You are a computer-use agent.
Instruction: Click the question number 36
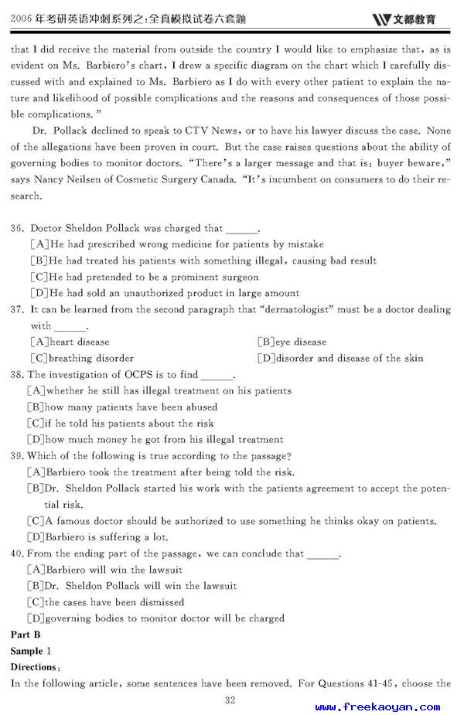(18, 228)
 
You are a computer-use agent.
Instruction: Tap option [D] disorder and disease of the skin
(340, 358)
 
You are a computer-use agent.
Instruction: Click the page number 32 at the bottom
(230, 700)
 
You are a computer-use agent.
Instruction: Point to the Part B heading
(26, 634)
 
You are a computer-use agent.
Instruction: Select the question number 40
(18, 553)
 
